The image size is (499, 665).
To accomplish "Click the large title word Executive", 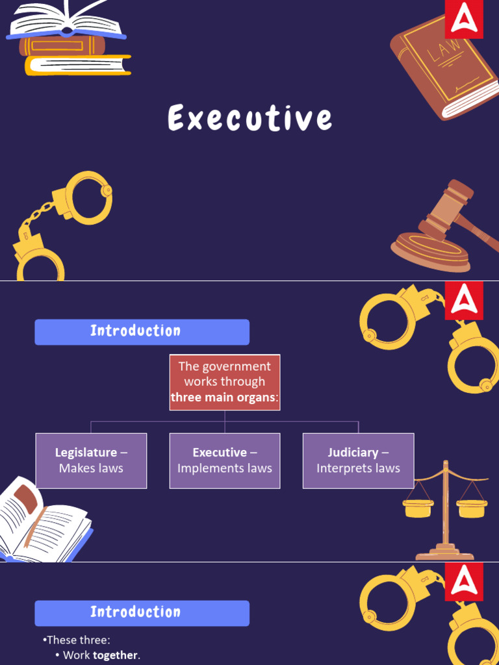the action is tap(250, 119).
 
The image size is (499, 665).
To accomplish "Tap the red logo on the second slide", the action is tap(464, 301).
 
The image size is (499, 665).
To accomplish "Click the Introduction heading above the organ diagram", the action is tap(142, 331).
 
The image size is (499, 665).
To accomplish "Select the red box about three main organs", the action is tap(224, 382).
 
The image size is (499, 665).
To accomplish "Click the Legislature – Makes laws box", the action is tap(91, 460).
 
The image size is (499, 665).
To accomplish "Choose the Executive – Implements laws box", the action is tap(225, 460).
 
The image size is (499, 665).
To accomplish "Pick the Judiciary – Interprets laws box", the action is tap(358, 460).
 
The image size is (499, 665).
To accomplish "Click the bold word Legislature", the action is tap(86, 453).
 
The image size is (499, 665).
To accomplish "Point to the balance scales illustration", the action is tap(445, 510).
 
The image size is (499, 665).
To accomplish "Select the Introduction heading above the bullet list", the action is tap(142, 612).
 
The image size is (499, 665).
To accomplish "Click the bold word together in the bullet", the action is tap(116, 655).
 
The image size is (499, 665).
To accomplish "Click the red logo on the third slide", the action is tap(464, 582).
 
